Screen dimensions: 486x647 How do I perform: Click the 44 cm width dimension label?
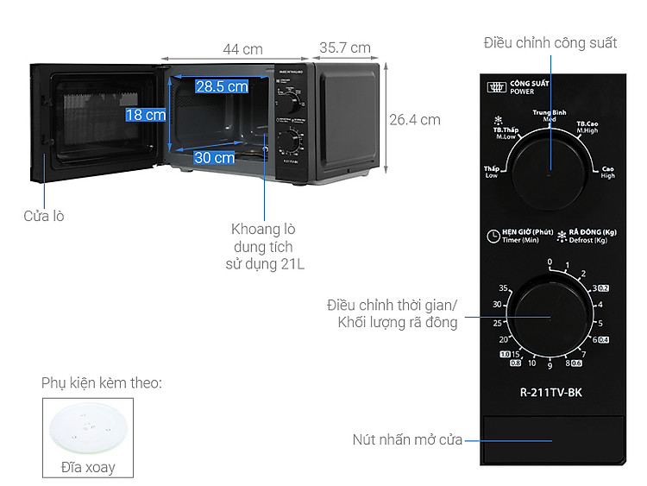pyautogui.click(x=242, y=49)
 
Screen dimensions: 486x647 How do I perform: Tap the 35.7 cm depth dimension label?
pyautogui.click(x=344, y=48)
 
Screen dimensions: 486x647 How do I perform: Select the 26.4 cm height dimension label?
pyautogui.click(x=414, y=120)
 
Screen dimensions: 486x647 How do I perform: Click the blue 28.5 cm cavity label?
pyautogui.click(x=221, y=86)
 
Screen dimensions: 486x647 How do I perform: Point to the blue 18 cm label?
pyautogui.click(x=145, y=115)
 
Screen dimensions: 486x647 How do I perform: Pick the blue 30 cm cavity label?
pyautogui.click(x=214, y=157)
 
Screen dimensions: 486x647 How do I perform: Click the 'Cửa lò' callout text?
pyautogui.click(x=44, y=216)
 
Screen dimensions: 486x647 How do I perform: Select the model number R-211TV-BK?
pyautogui.click(x=551, y=391)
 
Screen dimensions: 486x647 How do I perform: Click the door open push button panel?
pyautogui.click(x=552, y=439)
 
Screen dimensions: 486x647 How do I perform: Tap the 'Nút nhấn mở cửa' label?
pyautogui.click(x=407, y=439)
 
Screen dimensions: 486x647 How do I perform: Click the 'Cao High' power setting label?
pyautogui.click(x=608, y=172)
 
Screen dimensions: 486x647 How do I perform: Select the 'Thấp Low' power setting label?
pyautogui.click(x=492, y=172)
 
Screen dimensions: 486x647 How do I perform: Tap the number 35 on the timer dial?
pyautogui.click(x=503, y=287)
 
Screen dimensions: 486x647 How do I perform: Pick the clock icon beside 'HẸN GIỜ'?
pyautogui.click(x=492, y=235)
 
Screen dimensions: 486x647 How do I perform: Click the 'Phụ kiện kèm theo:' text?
pyautogui.click(x=101, y=382)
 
